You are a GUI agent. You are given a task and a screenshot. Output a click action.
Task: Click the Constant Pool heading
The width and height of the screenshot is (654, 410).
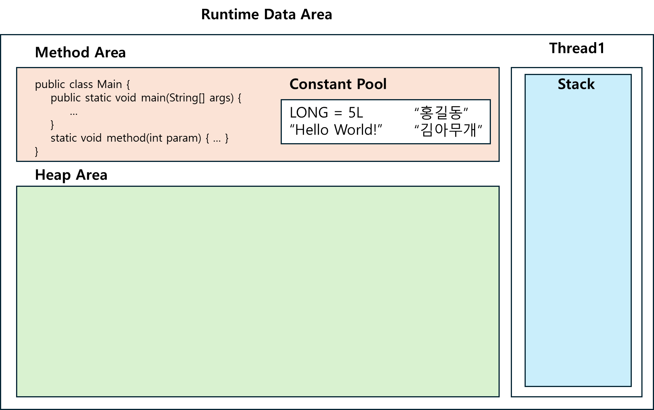pos(338,84)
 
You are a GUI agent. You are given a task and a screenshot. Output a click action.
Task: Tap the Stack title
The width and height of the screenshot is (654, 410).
pos(576,84)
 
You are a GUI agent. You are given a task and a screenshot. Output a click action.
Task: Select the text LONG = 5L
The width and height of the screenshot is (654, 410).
pos(326,113)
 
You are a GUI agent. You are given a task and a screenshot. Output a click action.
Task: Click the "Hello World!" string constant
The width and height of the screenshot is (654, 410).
pos(336,130)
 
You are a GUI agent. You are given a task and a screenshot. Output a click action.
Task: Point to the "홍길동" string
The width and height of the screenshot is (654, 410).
pos(441,113)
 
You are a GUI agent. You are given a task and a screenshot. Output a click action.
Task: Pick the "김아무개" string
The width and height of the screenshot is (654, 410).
pos(448,130)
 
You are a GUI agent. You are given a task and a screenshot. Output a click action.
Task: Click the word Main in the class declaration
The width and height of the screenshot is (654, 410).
pos(110,84)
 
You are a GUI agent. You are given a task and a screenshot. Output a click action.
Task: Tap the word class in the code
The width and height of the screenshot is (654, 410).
pos(81,84)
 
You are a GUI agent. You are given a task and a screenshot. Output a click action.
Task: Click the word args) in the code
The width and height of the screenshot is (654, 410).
pos(221,98)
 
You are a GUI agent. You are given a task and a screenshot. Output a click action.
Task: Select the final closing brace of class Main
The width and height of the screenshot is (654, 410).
pos(37,152)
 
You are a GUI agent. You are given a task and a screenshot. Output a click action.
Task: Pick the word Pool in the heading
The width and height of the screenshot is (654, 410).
pos(371,84)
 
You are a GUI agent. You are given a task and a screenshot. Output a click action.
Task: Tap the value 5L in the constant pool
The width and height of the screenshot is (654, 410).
pos(355,113)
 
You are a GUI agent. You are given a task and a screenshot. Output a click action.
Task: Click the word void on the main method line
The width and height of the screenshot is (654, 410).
pos(126,98)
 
